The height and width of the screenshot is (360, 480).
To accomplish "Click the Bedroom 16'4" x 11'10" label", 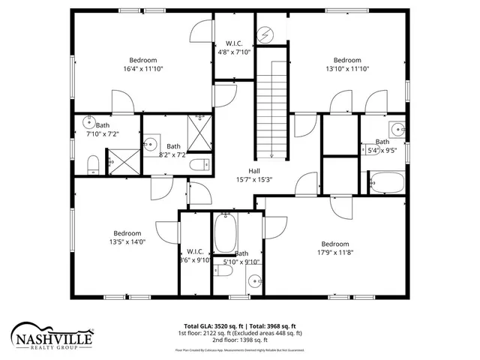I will [x=142, y=64].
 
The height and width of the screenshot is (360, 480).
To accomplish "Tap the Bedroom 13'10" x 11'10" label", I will [x=347, y=64].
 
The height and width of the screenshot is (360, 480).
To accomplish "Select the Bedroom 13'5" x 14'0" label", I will [x=127, y=237].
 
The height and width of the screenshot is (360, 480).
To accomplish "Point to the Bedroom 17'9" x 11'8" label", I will [x=335, y=248].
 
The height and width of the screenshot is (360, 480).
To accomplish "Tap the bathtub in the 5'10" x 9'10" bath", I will [x=226, y=232].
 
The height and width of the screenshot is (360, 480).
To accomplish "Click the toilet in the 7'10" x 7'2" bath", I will [x=92, y=164].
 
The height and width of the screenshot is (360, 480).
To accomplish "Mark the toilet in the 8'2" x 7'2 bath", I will [x=199, y=165].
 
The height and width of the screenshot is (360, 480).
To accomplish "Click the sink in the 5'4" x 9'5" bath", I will [x=397, y=128].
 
